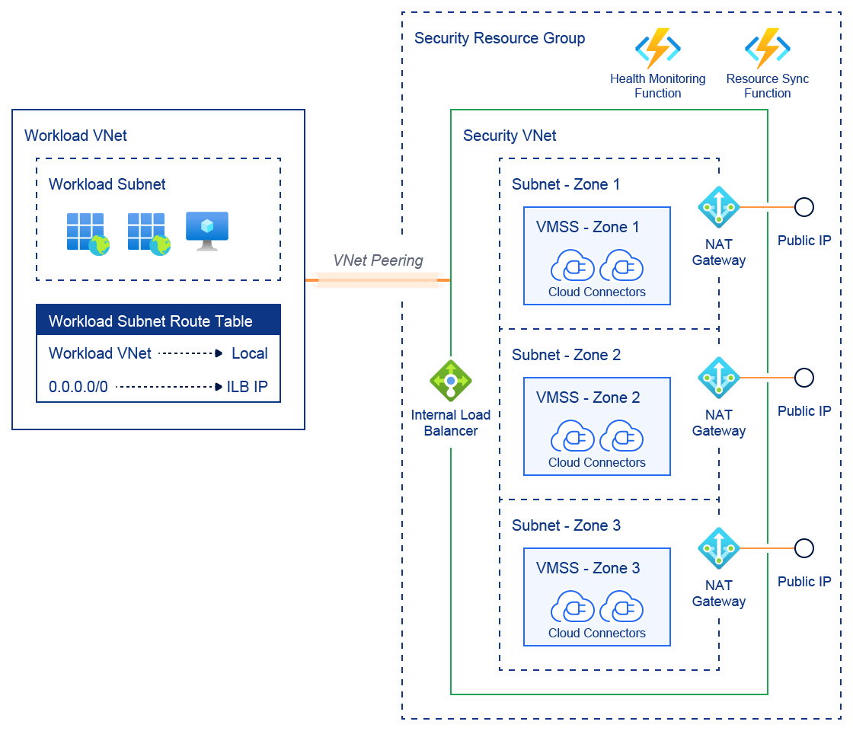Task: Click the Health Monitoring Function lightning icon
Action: click(657, 49)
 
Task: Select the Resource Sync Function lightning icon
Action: click(767, 49)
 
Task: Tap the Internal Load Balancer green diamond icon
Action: click(451, 380)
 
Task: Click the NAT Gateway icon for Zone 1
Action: click(719, 207)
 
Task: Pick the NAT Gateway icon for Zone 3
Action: click(719, 548)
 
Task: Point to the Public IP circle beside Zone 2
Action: click(803, 378)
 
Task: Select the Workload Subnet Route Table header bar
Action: click(158, 321)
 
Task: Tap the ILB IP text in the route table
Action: click(248, 387)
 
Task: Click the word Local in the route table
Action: click(250, 353)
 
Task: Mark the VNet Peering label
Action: click(378, 260)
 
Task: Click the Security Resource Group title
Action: click(500, 38)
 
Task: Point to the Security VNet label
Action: click(510, 136)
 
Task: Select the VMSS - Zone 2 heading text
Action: click(588, 397)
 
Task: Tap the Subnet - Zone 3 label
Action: click(566, 525)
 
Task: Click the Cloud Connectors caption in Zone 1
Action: click(596, 292)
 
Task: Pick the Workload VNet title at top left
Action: click(75, 136)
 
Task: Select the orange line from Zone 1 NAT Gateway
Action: click(767, 207)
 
